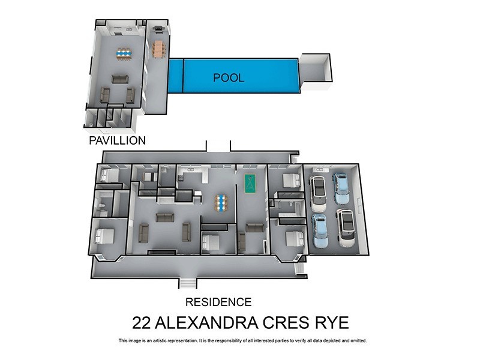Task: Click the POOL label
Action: [x=229, y=78]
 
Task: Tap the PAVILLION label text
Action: [x=117, y=141]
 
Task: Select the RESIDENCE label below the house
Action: [x=218, y=302]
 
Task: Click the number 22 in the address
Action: [x=142, y=322]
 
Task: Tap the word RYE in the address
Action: [x=333, y=322]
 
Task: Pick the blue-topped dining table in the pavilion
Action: [x=124, y=54]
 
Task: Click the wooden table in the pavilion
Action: [x=158, y=49]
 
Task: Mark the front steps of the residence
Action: [x=187, y=283]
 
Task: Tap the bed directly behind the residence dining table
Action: [x=211, y=242]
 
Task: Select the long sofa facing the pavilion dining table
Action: [x=120, y=79]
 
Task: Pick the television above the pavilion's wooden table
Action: [x=158, y=28]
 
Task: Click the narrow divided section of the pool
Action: [x=175, y=76]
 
